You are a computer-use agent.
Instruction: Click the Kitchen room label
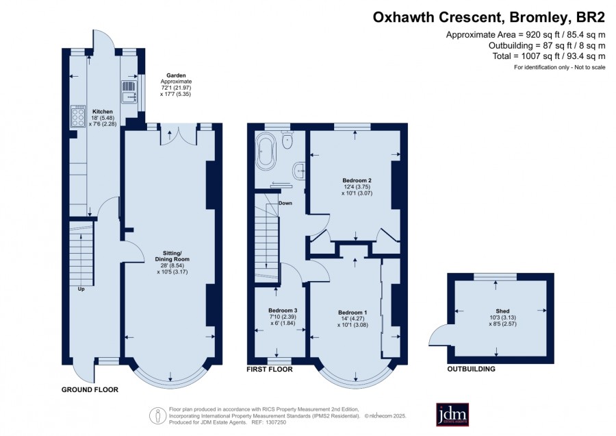tap(103, 112)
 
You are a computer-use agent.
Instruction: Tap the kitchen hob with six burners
tap(78, 117)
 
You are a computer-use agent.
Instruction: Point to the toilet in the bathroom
tap(287, 140)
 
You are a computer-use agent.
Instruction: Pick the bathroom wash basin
tap(299, 171)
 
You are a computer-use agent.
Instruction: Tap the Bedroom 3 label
tap(283, 311)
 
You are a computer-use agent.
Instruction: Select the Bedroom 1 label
tap(352, 313)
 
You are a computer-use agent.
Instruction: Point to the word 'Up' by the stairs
tap(81, 289)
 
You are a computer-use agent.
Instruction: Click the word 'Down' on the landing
tap(285, 204)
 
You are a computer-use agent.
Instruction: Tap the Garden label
tap(176, 75)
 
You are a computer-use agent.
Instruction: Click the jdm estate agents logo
tap(452, 414)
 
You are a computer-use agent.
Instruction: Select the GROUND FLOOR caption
tap(90, 389)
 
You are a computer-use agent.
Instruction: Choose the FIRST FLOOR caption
tap(270, 370)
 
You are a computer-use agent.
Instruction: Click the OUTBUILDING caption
tap(472, 369)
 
